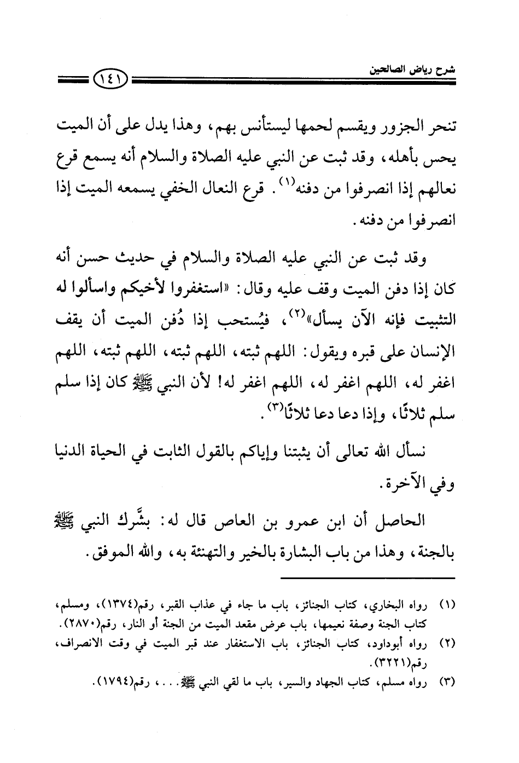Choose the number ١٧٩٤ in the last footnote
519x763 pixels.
coord(114,681)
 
